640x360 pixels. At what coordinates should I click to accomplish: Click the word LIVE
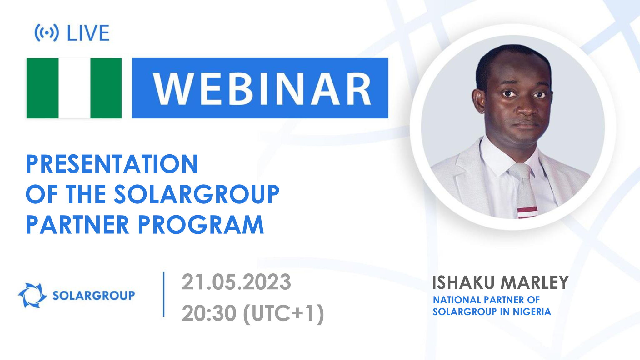[x=88, y=33]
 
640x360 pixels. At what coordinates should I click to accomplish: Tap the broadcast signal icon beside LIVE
[x=47, y=33]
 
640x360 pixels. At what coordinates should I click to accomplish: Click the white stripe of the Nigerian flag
[x=74, y=88]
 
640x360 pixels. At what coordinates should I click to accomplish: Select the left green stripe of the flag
[x=42, y=88]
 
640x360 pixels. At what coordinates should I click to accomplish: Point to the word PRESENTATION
[x=112, y=164]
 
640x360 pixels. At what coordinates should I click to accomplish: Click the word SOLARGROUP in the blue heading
[x=196, y=194]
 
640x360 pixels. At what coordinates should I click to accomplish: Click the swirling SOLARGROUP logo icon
[x=32, y=295]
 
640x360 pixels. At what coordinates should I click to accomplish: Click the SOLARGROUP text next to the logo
[x=93, y=295]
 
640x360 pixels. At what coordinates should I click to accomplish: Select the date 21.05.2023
[x=236, y=282]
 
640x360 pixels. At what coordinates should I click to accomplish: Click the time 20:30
[x=209, y=313]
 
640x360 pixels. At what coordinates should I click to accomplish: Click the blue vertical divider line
[x=164, y=294]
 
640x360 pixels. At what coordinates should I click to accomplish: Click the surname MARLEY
[x=535, y=283]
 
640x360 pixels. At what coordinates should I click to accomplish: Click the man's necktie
[x=524, y=187]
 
